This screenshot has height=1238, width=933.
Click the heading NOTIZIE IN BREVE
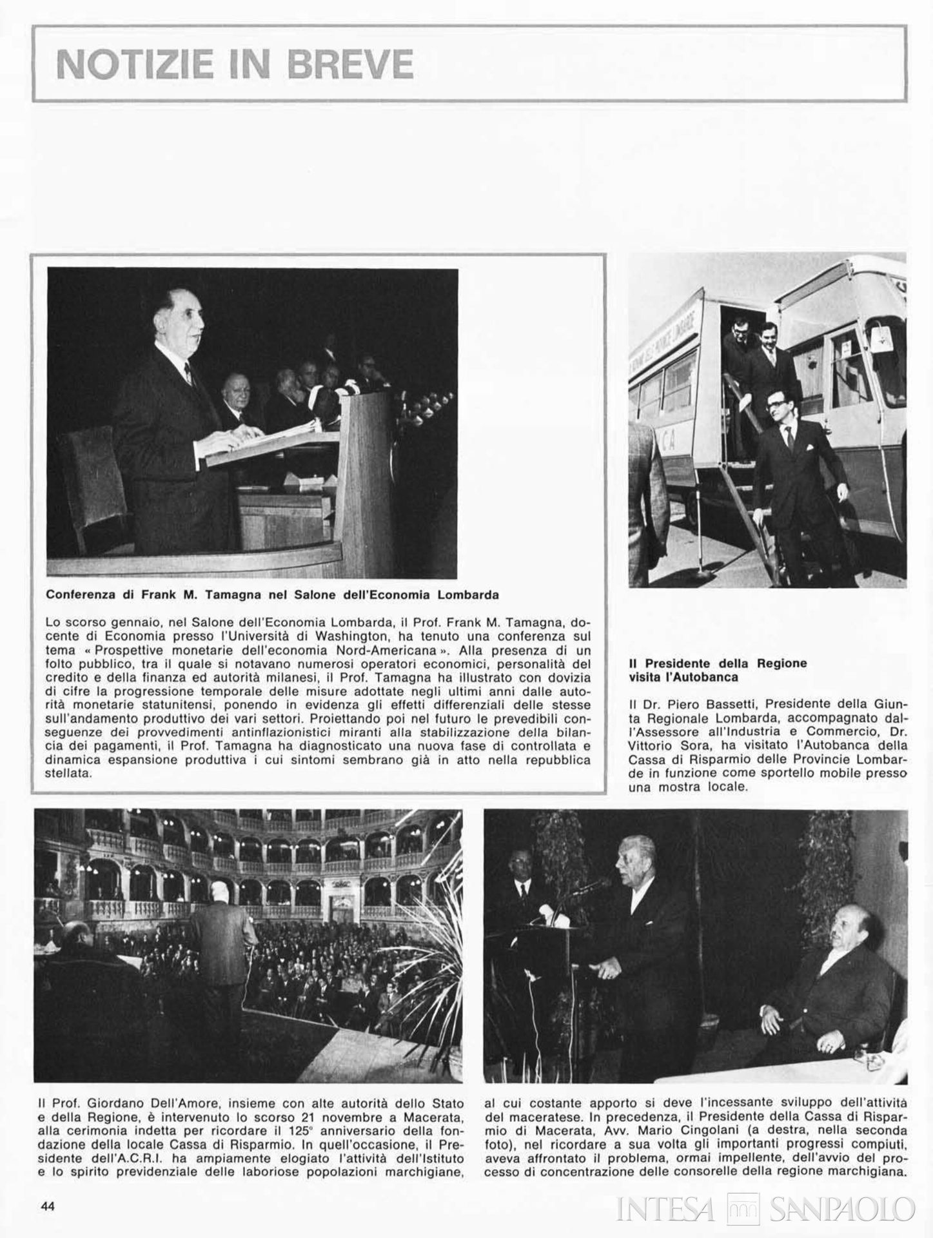click(235, 64)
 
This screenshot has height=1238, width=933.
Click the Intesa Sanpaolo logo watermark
click(766, 1208)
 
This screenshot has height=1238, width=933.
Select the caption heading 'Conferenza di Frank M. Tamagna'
click(273, 594)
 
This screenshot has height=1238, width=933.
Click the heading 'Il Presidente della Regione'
click(718, 663)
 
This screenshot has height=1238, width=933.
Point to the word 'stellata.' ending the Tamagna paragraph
click(70, 773)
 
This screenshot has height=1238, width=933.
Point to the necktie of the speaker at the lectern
click(188, 374)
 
